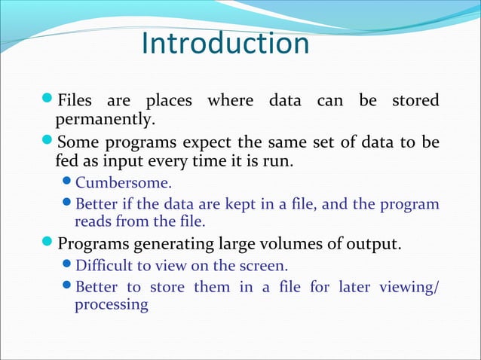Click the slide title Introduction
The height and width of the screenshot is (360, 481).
click(225, 44)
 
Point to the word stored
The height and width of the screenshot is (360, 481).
click(415, 101)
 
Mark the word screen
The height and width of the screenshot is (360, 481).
click(265, 266)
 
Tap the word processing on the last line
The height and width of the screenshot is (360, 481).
click(111, 306)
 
